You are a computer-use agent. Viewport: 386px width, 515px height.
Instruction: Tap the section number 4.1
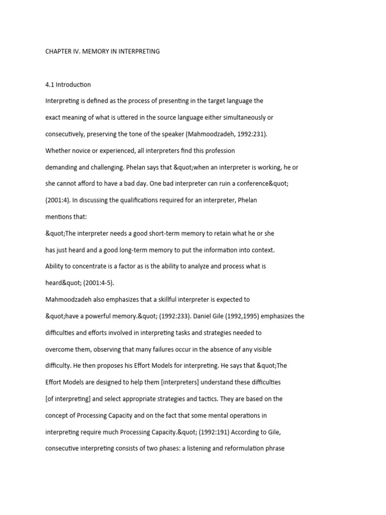51,84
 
